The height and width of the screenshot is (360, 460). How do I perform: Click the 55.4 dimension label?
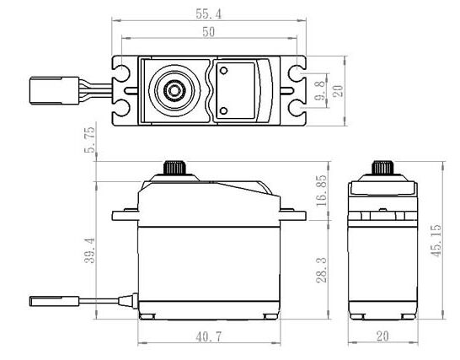[x=209, y=13]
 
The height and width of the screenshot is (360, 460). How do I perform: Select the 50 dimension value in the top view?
[x=209, y=32]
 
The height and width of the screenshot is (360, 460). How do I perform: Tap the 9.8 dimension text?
[x=320, y=90]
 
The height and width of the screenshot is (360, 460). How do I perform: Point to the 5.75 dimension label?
[x=90, y=140]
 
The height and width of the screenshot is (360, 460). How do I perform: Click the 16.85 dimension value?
[x=322, y=191]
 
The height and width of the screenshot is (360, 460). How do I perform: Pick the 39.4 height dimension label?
[x=90, y=250]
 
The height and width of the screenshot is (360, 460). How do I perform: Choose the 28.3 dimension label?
[x=322, y=270]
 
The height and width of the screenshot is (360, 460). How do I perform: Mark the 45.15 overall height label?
[x=436, y=240]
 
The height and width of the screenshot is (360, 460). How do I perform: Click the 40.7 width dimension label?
[x=209, y=336]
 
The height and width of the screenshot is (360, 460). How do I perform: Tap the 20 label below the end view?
[x=382, y=336]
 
